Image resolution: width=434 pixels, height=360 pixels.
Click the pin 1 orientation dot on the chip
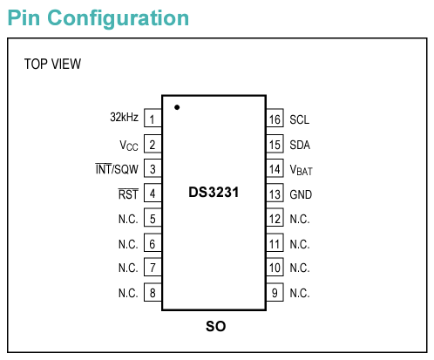tap(177, 107)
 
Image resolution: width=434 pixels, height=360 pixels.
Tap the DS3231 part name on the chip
tap(214, 192)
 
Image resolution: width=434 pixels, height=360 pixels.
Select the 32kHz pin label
tap(124, 117)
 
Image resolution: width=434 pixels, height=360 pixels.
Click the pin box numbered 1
tap(153, 118)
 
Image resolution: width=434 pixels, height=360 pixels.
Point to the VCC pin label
tap(129, 146)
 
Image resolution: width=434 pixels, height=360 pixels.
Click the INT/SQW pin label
tap(117, 169)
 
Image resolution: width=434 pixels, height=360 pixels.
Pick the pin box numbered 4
tap(153, 193)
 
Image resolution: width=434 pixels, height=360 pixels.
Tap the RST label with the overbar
tap(128, 194)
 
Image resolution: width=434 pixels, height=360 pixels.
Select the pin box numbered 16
tap(275, 118)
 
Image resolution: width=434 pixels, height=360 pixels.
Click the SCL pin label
tap(300, 119)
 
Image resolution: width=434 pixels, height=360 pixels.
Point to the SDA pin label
tap(300, 145)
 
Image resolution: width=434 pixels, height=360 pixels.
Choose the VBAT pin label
tap(301, 170)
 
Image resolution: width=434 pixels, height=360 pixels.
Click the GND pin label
tap(301, 194)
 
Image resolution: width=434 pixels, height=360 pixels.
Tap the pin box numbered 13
tap(275, 193)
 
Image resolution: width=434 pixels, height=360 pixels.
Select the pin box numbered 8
tap(153, 292)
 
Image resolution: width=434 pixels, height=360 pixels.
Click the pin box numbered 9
tap(275, 292)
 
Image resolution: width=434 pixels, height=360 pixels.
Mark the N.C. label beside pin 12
tap(300, 219)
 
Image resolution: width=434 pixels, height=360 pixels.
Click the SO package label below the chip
tap(215, 326)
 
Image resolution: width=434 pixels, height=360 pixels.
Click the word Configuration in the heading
tap(118, 19)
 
